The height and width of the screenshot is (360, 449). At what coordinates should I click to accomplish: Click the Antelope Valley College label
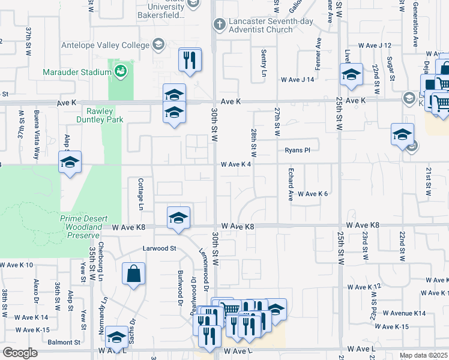pos(104,45)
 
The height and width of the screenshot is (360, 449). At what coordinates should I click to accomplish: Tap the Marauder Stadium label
pos(77,72)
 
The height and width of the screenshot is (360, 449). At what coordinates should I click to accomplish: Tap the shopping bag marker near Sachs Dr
pos(133,274)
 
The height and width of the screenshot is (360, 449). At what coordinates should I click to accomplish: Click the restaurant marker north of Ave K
pos(190,60)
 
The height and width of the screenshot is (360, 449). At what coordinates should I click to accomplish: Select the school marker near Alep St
pos(70,162)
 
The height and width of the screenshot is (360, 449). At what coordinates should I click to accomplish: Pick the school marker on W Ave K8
pos(178,218)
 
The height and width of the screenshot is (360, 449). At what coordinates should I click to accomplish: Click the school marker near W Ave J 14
pos(351,74)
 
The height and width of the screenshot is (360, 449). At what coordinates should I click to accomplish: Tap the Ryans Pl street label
pos(297,151)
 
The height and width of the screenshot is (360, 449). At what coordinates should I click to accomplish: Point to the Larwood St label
pos(158,248)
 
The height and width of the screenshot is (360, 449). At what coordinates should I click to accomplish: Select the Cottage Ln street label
pos(142,194)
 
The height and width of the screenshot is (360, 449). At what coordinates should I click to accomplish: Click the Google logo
pos(20,353)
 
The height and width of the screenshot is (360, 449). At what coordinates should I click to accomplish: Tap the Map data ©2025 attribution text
pos(424,355)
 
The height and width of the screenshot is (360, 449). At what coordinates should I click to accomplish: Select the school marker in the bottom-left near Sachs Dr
pos(116,337)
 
